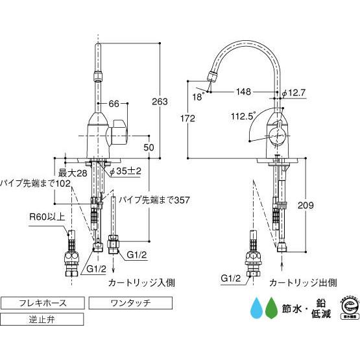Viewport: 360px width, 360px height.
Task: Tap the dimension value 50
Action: pyautogui.click(x=149, y=147)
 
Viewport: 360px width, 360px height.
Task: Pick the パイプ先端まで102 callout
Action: pyautogui.click(x=35, y=184)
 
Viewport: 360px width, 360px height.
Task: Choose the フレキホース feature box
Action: pyautogui.click(x=42, y=303)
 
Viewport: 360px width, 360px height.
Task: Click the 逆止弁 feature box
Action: pyautogui.click(x=42, y=319)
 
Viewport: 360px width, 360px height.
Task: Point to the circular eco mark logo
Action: pyautogui.click(x=348, y=308)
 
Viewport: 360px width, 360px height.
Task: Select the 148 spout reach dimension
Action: pyautogui.click(x=244, y=92)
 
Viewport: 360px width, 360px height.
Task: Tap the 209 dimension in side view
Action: pyautogui.click(x=306, y=206)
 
